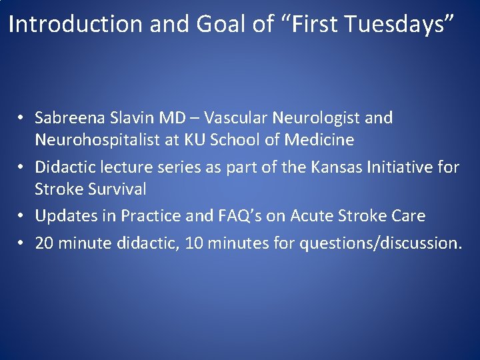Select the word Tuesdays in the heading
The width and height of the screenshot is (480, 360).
[x=399, y=25]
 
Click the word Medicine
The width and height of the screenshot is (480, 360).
[x=319, y=141]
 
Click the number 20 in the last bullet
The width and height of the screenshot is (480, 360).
[x=44, y=243]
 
